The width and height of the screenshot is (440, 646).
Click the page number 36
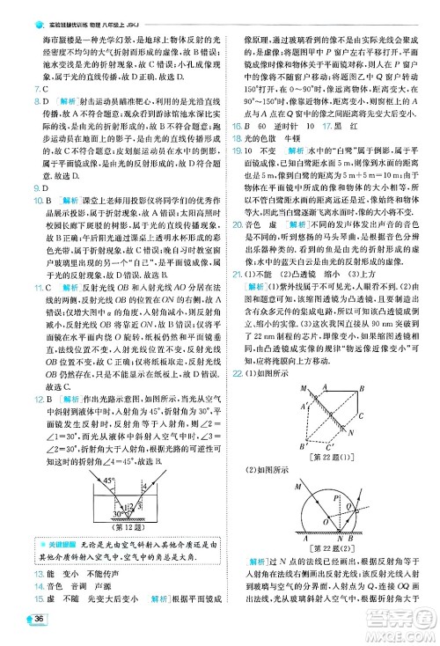click(x=39, y=621)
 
